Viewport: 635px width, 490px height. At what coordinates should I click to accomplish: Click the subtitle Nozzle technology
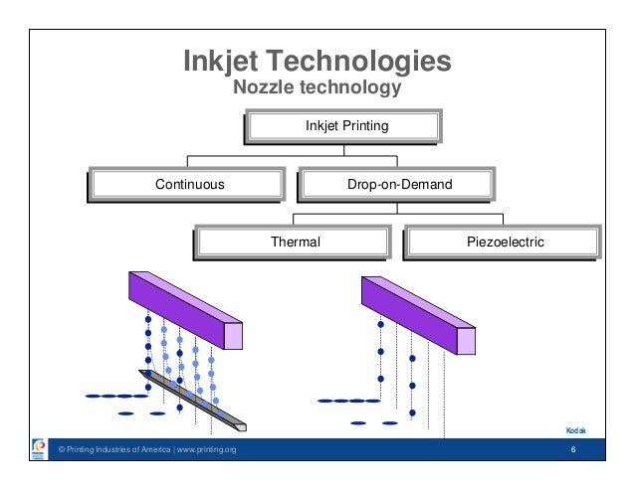[x=317, y=88]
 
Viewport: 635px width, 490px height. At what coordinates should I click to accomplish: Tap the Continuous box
[x=189, y=184]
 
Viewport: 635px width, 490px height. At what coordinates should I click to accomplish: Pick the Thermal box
[x=296, y=241]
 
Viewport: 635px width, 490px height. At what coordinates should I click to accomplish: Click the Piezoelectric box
[x=505, y=241]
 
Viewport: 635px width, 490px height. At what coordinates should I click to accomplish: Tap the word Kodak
[x=575, y=430]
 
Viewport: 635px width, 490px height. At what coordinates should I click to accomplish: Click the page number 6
[x=574, y=452]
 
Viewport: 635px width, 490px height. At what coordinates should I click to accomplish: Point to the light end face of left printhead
[x=233, y=334]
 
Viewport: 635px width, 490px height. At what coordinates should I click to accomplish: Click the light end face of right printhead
[x=466, y=339]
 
